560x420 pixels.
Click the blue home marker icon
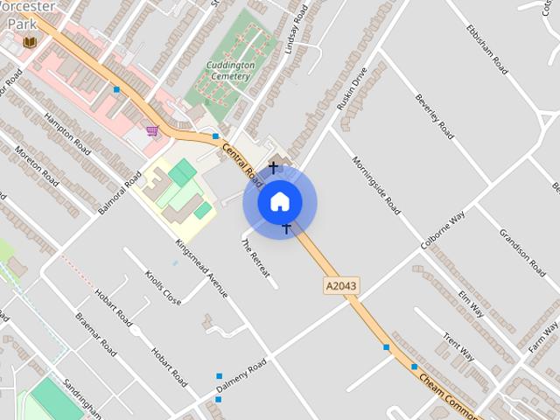pos(279,202)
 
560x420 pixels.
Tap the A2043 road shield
pos(341,285)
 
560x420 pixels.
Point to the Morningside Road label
pos(376,185)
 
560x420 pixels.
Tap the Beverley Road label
pos(435,115)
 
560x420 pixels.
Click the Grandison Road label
pos(522,252)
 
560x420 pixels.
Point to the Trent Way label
pos(458,345)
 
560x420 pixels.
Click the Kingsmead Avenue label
pos(201,268)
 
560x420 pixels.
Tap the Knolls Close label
pos(163,286)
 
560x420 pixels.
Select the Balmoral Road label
pos(120,192)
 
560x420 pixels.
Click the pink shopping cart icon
pos(152,130)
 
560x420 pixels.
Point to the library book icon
pos(30,41)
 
